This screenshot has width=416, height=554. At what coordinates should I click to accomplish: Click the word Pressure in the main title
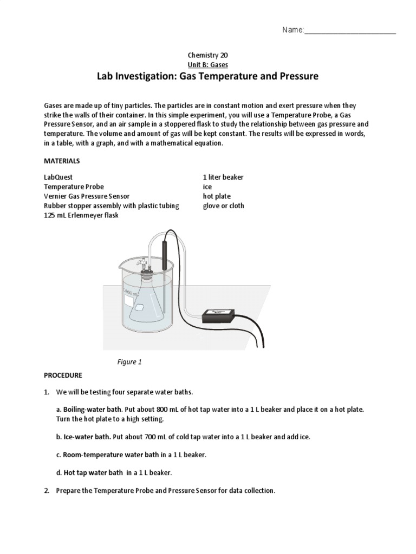[x=297, y=77]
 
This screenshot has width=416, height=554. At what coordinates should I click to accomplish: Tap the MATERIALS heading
[x=62, y=161]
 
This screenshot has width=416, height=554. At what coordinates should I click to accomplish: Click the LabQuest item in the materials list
[x=58, y=177]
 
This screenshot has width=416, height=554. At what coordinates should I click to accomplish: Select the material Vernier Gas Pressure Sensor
[x=87, y=196]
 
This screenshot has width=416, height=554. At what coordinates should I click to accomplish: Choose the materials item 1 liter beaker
[x=223, y=177]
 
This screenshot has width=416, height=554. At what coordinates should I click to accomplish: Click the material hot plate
[x=217, y=196]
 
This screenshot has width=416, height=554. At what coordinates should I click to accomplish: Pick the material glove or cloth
[x=223, y=206]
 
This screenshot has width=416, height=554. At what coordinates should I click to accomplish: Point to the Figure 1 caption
[x=129, y=362]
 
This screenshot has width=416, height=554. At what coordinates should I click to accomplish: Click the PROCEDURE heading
[x=62, y=375]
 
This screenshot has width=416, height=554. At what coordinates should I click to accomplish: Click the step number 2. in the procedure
[x=48, y=491]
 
